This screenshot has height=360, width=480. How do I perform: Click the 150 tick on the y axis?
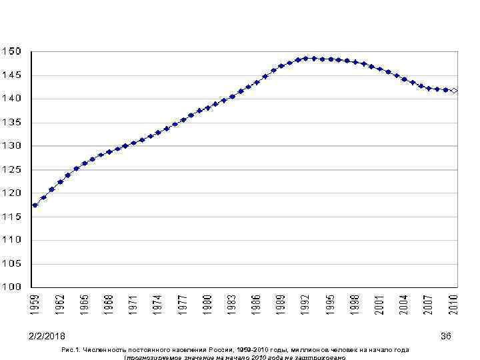11,51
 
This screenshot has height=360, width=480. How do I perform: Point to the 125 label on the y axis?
11,169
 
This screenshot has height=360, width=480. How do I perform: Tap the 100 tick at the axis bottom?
11,287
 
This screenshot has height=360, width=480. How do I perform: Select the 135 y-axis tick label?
11,123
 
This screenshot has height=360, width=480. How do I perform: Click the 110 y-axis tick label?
11,240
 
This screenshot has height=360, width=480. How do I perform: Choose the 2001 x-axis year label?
380,305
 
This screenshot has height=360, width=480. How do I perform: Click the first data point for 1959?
35,205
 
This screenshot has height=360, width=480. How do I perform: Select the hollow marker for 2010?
454,91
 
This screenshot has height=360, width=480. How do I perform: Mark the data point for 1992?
306,58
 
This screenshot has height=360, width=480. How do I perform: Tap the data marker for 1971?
133,143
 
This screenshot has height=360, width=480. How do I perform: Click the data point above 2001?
380,69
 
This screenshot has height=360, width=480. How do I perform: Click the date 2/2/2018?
47,336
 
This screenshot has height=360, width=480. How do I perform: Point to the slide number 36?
446,336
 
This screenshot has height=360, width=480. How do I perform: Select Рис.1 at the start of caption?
69,349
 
